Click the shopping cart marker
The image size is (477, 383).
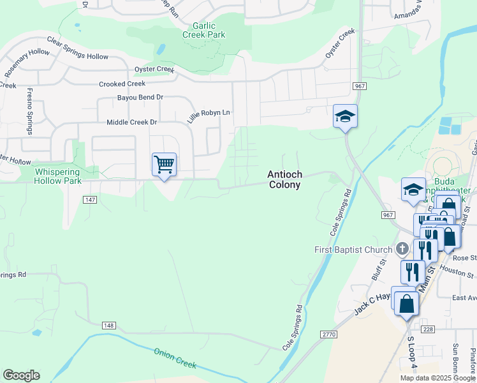click(165, 165)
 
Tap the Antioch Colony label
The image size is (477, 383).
click(284, 179)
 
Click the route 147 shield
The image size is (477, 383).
click(90, 200)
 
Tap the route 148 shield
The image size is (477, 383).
click(108, 326)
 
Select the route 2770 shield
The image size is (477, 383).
click(328, 334)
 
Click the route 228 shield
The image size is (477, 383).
click(427, 329)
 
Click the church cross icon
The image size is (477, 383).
click(402, 248)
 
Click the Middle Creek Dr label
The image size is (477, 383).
click(131, 122)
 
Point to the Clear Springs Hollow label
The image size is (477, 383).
click(78, 51)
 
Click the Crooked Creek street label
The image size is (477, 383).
click(122, 84)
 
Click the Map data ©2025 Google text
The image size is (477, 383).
click(437, 378)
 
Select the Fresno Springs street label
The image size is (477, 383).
click(29, 111)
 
